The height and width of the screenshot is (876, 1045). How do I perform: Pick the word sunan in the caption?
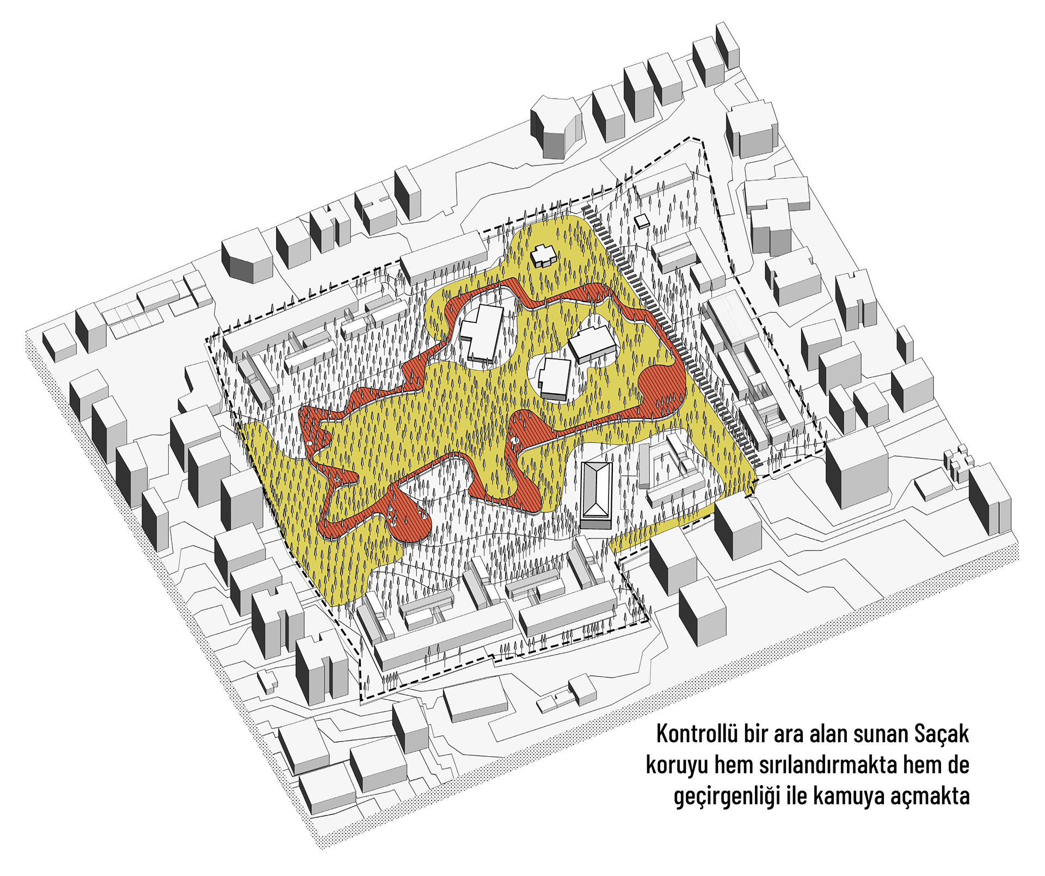(x=881, y=734)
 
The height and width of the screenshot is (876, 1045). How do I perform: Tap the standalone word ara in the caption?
(x=789, y=734)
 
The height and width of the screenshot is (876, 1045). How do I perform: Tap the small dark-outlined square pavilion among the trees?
(x=643, y=220)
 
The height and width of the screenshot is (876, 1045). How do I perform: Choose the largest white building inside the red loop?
(x=481, y=332)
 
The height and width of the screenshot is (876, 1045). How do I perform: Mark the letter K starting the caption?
(x=662, y=734)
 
